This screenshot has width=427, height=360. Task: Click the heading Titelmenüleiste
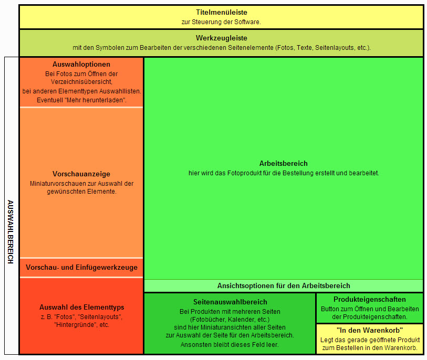click(221, 12)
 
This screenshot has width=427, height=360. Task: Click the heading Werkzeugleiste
click(221, 38)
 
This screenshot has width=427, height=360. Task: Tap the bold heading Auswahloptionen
click(81, 64)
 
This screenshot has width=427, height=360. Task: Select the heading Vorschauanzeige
click(81, 174)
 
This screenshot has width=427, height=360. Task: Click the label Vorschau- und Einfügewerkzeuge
click(81, 268)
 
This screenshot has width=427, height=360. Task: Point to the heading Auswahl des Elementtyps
click(81, 307)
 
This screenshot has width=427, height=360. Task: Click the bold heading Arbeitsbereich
click(284, 163)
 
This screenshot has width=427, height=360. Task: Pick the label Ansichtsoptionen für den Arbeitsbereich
click(284, 285)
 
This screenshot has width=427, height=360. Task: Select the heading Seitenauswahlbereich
click(230, 302)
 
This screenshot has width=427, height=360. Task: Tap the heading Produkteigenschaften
click(370, 300)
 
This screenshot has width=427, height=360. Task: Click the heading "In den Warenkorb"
click(370, 330)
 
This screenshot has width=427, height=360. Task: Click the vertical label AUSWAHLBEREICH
click(11, 231)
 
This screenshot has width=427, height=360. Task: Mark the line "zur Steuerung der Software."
click(221, 22)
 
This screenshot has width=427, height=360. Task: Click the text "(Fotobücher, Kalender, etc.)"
click(230, 319)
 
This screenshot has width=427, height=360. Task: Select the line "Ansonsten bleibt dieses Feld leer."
click(230, 345)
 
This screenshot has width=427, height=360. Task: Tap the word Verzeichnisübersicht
click(81, 82)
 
